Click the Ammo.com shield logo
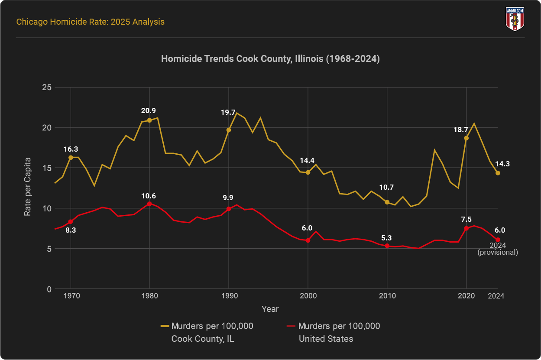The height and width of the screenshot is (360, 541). click(x=515, y=19)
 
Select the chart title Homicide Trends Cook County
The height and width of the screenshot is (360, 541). click(x=270, y=59)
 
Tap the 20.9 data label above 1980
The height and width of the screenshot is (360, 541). click(x=149, y=110)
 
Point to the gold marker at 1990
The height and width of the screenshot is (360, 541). click(x=229, y=130)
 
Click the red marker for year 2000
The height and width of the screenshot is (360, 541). click(x=308, y=240)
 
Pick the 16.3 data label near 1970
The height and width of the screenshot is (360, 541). click(x=71, y=149)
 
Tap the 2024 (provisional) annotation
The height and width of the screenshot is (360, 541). click(x=498, y=249)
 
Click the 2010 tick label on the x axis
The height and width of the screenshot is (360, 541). click(x=387, y=296)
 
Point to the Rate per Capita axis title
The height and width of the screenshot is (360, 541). click(x=27, y=188)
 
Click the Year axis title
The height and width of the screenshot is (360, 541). click(x=270, y=309)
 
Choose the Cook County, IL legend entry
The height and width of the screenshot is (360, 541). click(x=207, y=332)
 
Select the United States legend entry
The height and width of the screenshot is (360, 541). click(x=334, y=332)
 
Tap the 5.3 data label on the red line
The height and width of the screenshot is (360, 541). click(x=387, y=238)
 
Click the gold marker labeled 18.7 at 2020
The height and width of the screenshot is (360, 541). click(x=466, y=138)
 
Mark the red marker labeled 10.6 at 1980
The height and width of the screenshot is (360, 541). click(x=149, y=204)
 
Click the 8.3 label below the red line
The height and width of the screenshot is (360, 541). click(x=71, y=230)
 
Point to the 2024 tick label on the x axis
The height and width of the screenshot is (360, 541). click(x=496, y=296)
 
